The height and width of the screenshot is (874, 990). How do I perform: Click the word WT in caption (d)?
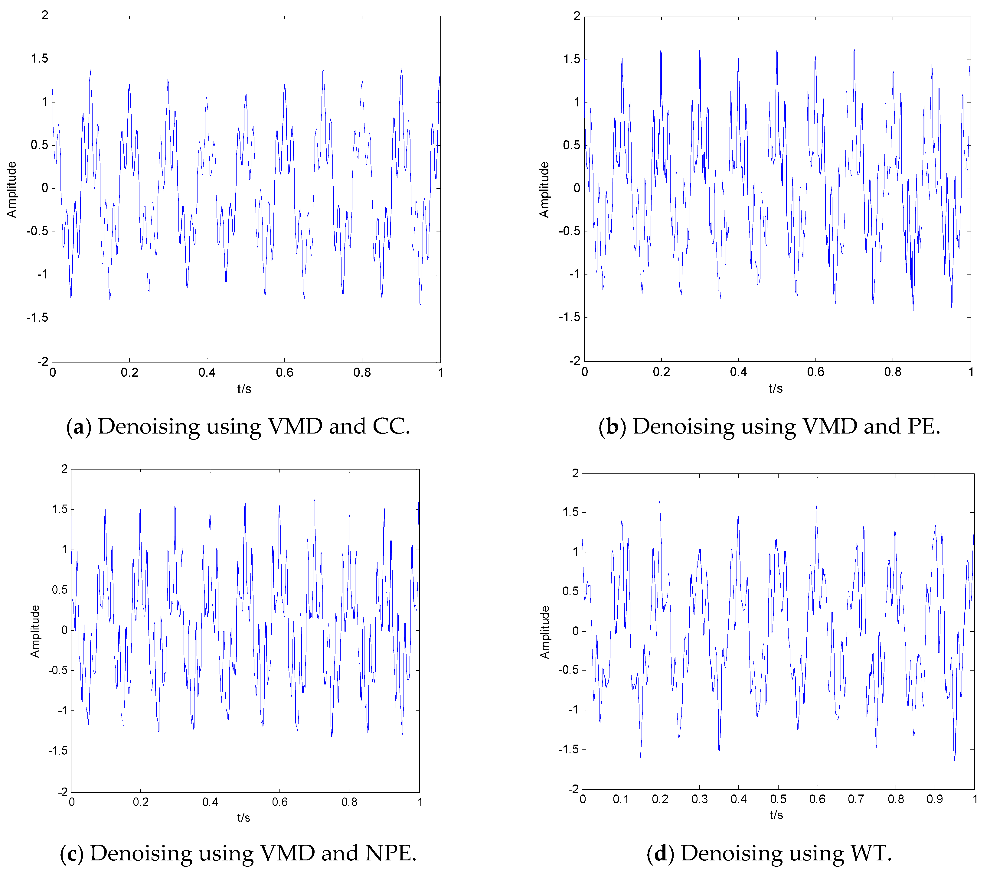pos(870,853)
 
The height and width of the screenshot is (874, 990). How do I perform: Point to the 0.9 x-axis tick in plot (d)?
pos(934,799)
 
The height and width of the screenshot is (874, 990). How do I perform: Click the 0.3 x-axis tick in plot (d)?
pos(699,799)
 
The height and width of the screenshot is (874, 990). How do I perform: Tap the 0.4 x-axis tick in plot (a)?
pos(207,372)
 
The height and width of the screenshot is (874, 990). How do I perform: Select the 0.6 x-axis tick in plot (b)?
pos(816,372)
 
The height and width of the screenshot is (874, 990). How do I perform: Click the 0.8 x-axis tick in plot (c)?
pos(349,802)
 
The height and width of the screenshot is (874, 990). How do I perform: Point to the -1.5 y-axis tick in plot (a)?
pos(38,318)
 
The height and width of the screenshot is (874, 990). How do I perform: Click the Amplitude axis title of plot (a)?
pos(11,189)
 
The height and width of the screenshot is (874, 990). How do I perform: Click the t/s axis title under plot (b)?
pos(776,388)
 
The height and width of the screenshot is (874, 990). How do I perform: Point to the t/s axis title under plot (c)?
pos(243,818)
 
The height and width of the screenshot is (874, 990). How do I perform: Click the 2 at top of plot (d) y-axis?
pos(575,473)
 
